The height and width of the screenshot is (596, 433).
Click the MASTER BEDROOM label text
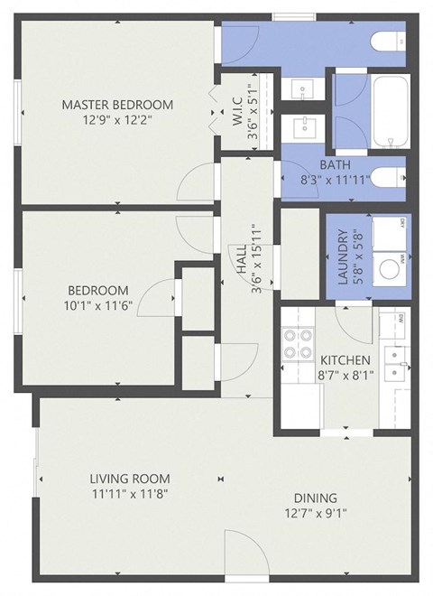tap(117, 105)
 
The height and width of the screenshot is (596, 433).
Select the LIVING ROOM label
tap(130, 478)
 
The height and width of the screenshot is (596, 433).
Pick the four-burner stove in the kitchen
tap(298, 344)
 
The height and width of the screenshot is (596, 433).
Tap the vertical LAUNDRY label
tap(344, 262)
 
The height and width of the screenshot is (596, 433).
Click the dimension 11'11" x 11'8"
tap(130, 494)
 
